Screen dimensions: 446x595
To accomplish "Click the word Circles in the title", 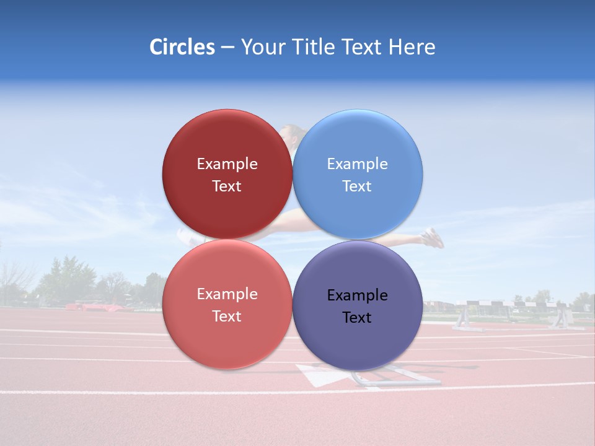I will [182, 47].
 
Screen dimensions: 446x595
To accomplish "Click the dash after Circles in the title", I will [227, 48].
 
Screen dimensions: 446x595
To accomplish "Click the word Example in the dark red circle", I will [227, 164].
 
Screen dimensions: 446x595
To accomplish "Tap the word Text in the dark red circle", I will [227, 186].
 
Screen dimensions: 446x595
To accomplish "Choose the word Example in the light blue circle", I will [357, 164].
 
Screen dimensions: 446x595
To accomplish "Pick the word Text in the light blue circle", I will [357, 186].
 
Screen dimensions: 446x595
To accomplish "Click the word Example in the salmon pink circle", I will [227, 294].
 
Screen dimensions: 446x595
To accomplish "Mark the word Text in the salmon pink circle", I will [227, 317].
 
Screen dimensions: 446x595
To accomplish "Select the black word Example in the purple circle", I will [357, 295].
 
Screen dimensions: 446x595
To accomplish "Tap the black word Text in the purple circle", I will [357, 318].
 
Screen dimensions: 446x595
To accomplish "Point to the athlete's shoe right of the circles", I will [433, 237].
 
